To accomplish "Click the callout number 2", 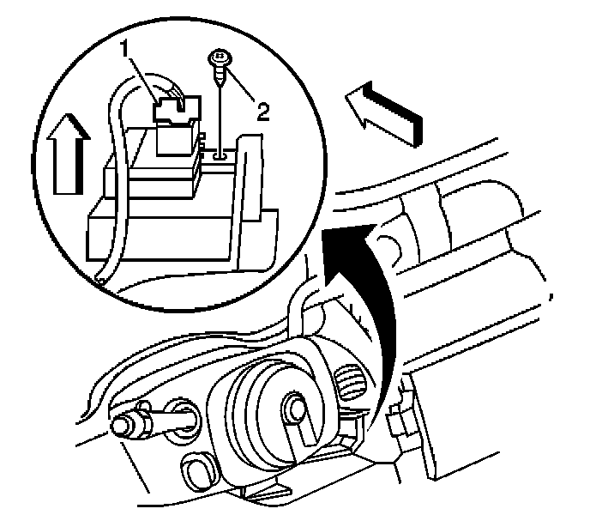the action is [x=264, y=111].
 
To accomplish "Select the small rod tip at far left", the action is [x=121, y=424].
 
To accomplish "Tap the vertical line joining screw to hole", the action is [x=220, y=116].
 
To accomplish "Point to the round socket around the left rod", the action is [x=183, y=413].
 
